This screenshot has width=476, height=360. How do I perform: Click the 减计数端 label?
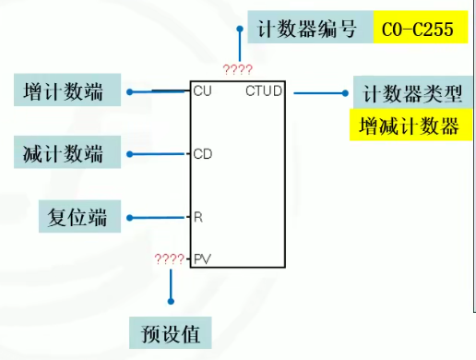65,153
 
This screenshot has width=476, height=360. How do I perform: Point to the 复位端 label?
77,218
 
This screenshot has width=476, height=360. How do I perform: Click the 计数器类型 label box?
412,92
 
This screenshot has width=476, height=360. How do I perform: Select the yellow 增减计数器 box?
410,126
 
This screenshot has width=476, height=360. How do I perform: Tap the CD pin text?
203,154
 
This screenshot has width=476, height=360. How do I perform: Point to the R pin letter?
198,218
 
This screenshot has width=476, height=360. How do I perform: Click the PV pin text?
202,260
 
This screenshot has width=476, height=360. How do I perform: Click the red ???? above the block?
237,69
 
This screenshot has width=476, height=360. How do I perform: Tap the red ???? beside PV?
170,259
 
